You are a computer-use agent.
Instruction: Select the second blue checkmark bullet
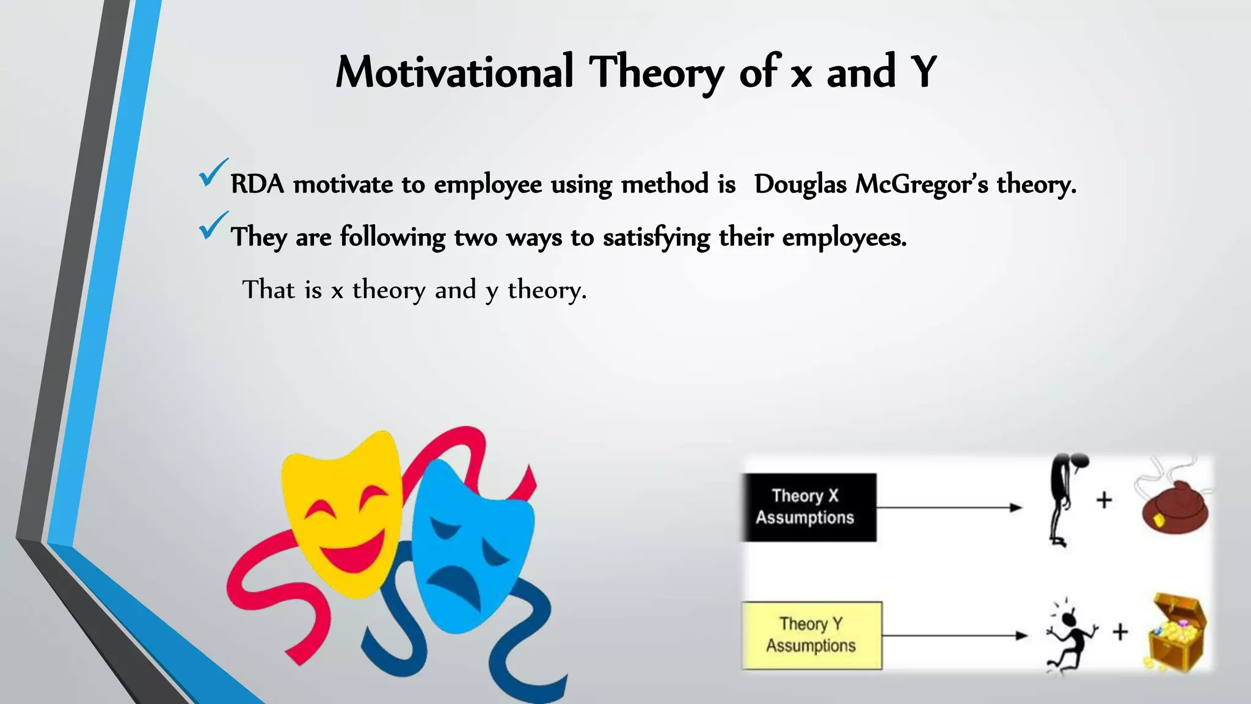212,226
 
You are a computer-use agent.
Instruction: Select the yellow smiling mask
342,513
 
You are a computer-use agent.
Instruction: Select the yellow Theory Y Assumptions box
812,636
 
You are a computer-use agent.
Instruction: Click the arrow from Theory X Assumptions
950,507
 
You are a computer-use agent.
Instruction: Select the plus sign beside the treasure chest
1120,632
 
